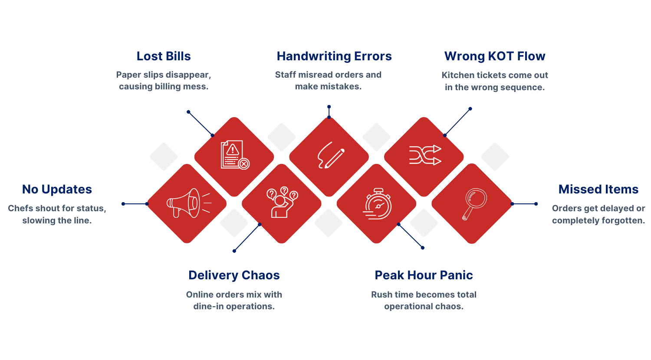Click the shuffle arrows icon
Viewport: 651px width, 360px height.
[x=425, y=155]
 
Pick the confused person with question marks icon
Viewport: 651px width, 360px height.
[x=282, y=202]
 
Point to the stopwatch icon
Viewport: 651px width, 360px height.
[x=377, y=203]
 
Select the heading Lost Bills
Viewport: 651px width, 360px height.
[x=164, y=56]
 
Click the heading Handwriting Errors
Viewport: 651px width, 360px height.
[x=334, y=56]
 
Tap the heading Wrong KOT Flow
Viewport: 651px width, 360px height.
[x=495, y=56]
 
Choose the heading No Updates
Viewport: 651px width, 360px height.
[x=57, y=190]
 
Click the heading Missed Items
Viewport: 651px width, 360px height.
[x=598, y=190]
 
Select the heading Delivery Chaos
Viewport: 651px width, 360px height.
[x=234, y=275]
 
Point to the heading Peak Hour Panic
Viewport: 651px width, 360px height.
[x=424, y=275]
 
